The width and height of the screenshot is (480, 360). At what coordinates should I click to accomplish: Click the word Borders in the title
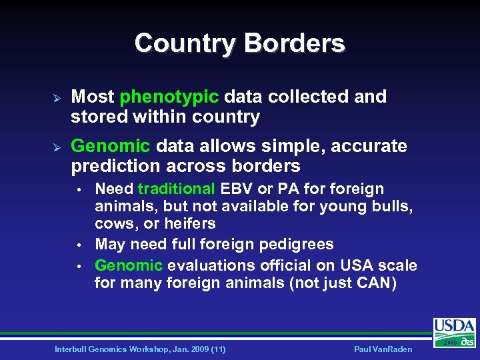(294, 43)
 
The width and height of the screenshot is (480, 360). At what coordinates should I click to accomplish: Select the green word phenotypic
(169, 97)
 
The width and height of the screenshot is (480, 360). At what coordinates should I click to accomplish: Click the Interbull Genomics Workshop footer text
(140, 349)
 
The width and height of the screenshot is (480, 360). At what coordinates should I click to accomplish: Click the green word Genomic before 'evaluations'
(129, 265)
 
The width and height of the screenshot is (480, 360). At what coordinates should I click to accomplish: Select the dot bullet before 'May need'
(79, 245)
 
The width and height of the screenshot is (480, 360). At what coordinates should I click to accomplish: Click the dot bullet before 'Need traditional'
(79, 190)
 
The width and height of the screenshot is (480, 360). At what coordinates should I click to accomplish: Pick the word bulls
(394, 206)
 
